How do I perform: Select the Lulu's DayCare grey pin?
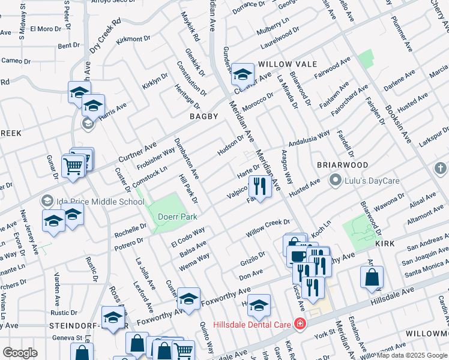[x=335, y=179]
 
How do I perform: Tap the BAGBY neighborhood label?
[x=203, y=116]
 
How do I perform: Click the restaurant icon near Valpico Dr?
[x=259, y=185]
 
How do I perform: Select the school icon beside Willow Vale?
[x=243, y=74]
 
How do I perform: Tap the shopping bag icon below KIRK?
[x=372, y=277]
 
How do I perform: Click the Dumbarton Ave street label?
[x=186, y=158]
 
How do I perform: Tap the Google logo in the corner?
[x=20, y=353]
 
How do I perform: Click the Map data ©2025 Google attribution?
[x=412, y=355]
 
